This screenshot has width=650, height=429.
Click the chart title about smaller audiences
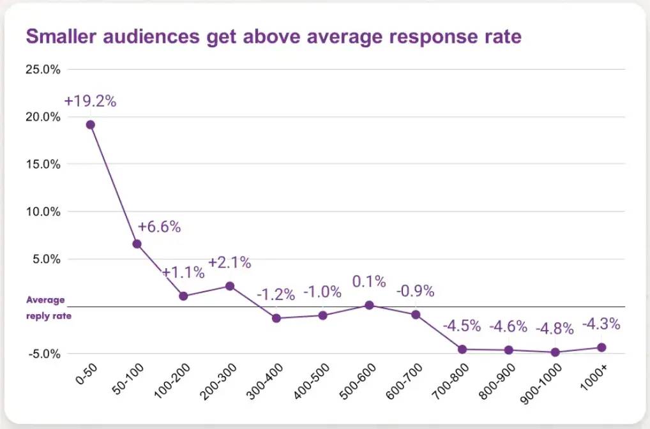273,36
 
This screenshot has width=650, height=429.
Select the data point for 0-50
91,124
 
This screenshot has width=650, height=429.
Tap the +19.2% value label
90,101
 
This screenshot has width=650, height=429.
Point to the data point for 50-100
137,244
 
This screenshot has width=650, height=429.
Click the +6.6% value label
160,227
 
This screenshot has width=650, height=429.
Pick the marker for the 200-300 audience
230,286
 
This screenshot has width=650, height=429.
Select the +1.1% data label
183,273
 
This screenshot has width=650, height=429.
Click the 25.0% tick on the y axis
42,69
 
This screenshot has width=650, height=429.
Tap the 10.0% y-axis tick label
42,211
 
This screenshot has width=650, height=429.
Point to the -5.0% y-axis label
43,354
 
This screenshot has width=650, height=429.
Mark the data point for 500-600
369,305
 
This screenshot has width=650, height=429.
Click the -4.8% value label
555,329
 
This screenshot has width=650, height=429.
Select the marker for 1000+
601,347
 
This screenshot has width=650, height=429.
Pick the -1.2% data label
276,295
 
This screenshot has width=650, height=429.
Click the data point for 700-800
462,349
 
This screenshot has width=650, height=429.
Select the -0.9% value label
415,291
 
